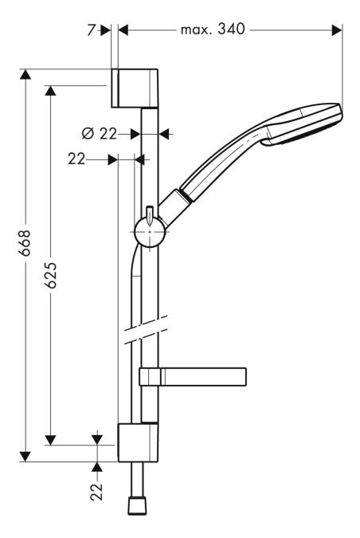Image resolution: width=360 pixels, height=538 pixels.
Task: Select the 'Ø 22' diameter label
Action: tap(99, 133)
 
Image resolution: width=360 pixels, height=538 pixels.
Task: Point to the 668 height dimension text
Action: tap(25, 242)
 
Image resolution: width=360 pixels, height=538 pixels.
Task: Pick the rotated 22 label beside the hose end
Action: tap(97, 490)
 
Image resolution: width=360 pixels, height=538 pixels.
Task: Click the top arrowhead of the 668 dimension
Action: tap(25, 75)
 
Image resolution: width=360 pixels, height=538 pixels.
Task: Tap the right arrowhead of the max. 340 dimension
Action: tap(337, 30)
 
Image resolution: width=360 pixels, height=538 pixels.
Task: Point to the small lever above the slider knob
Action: tap(149, 213)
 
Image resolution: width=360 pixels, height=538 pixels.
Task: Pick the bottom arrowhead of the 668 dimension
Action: tap(25, 456)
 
